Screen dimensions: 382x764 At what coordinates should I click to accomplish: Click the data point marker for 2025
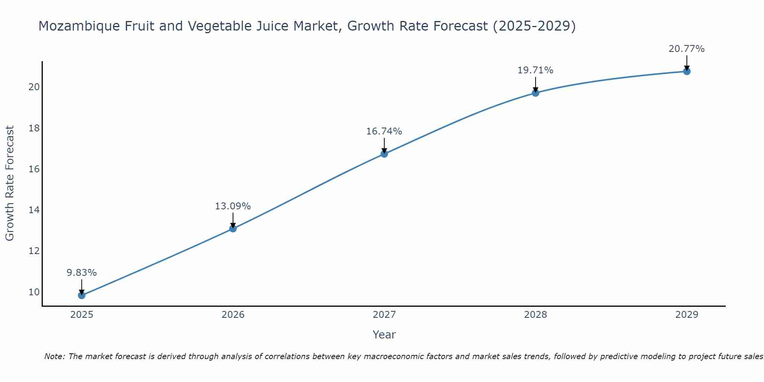pos(81,295)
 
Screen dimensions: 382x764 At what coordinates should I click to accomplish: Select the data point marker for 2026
pos(233,228)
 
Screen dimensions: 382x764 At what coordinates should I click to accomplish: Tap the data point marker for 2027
pos(384,154)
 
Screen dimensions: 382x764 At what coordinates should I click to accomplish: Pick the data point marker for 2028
pos(535,93)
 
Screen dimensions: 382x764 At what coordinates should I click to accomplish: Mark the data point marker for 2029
pos(686,71)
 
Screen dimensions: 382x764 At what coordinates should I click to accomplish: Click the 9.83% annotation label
pos(81,273)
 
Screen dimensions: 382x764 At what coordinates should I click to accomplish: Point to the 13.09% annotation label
pos(233,206)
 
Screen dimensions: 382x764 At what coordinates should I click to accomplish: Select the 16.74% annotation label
pos(384,131)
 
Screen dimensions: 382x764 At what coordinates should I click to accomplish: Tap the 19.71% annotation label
pos(535,70)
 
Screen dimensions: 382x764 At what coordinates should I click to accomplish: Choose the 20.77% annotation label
pos(686,49)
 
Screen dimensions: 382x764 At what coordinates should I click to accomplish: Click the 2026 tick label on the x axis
pos(233,315)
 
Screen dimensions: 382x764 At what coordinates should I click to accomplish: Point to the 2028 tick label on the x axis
pos(535,315)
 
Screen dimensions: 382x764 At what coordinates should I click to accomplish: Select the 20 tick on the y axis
pos(34,87)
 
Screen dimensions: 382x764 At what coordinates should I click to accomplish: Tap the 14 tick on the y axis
pos(34,210)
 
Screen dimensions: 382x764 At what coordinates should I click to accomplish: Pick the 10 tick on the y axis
pos(34,292)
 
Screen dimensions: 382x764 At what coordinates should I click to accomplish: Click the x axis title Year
pos(384,335)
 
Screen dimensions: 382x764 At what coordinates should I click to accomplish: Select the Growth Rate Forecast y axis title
pos(10,183)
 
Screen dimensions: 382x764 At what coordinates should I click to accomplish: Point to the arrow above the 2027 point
pos(384,145)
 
